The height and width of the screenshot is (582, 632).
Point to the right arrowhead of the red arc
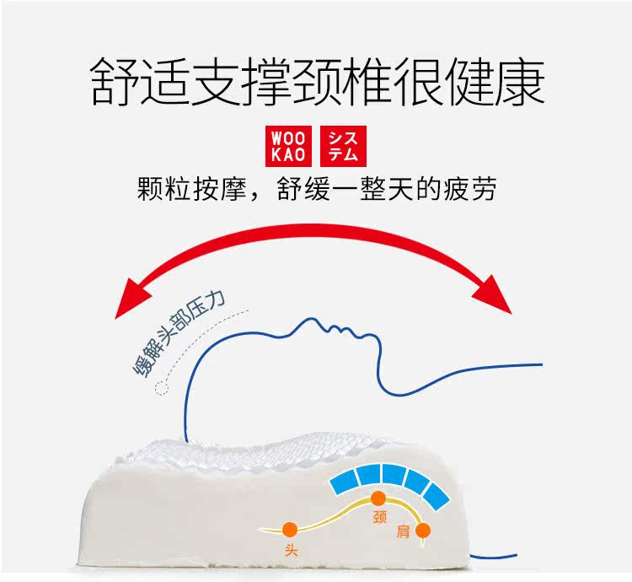(x=497, y=295)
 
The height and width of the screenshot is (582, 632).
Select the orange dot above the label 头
(x=289, y=530)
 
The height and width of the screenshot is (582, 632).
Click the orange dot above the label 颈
(x=377, y=498)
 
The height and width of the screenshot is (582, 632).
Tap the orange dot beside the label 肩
(x=423, y=531)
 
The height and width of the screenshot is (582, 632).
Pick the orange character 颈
(x=378, y=519)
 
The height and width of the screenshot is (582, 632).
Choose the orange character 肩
(x=403, y=533)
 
